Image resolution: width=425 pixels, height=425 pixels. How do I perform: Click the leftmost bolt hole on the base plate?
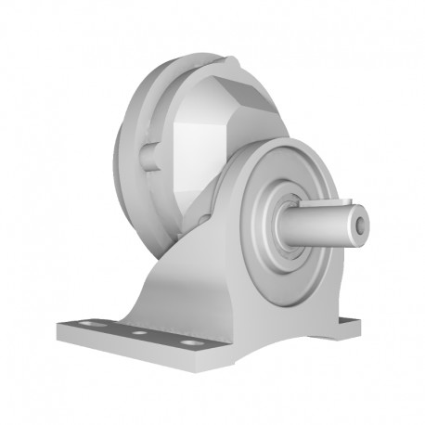point(90,326)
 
